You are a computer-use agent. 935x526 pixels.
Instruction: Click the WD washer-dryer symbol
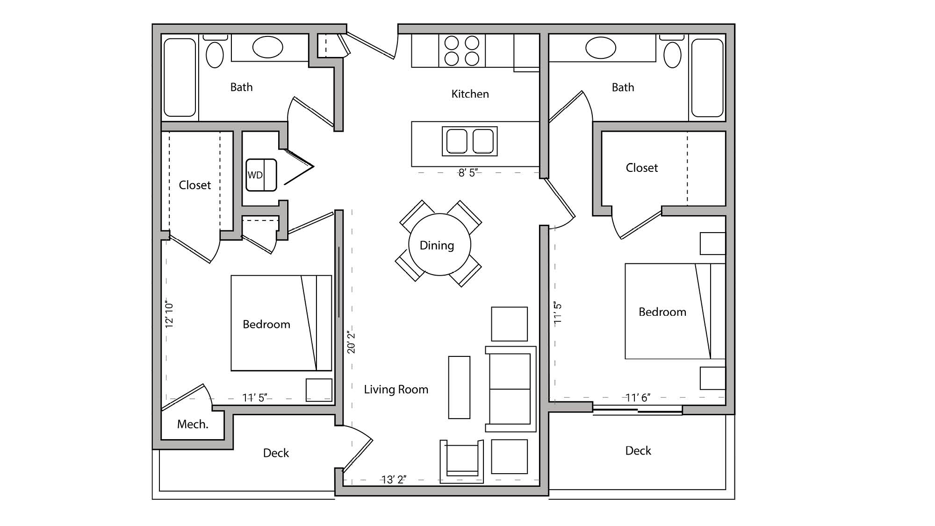click(x=261, y=175)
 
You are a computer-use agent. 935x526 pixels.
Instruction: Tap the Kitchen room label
click(x=470, y=94)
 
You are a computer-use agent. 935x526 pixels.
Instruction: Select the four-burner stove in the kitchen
click(x=462, y=50)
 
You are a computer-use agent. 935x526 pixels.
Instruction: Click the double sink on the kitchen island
click(x=469, y=141)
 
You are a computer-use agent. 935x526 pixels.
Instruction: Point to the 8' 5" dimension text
click(x=467, y=173)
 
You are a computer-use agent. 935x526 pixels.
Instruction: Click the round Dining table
click(x=439, y=244)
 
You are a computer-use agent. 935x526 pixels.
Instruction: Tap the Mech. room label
click(x=193, y=424)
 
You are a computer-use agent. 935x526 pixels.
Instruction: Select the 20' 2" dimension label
click(x=352, y=342)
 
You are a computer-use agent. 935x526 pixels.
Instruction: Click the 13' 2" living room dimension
click(x=394, y=480)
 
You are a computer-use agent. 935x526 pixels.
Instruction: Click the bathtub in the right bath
click(x=707, y=78)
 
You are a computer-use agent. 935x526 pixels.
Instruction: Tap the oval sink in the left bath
click(x=267, y=47)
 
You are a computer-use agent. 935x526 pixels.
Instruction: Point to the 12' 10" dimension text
click(x=169, y=314)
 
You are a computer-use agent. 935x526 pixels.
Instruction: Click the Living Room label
click(x=396, y=390)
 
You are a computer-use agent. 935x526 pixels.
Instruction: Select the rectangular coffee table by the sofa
click(x=459, y=387)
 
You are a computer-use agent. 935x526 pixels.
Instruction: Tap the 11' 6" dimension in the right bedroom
click(x=638, y=398)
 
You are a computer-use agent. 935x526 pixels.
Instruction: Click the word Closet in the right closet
click(x=641, y=168)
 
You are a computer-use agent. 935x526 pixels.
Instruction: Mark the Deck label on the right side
click(x=638, y=451)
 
